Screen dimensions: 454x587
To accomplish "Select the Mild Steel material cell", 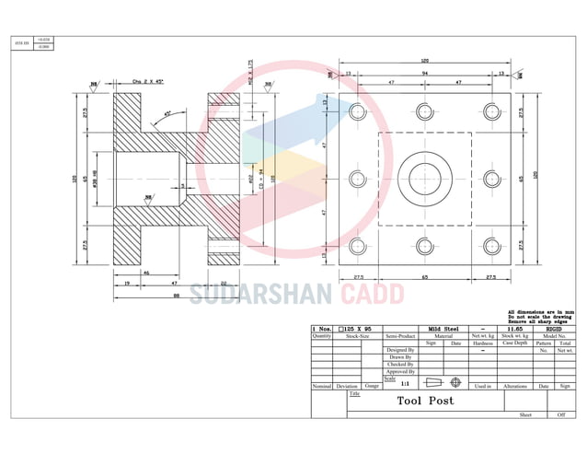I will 443,328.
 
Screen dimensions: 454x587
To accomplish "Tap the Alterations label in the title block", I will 515,387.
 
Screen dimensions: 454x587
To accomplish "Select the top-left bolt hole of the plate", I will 359,111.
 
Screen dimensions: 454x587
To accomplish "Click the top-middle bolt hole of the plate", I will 424,111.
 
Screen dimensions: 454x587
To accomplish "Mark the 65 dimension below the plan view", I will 424,276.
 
